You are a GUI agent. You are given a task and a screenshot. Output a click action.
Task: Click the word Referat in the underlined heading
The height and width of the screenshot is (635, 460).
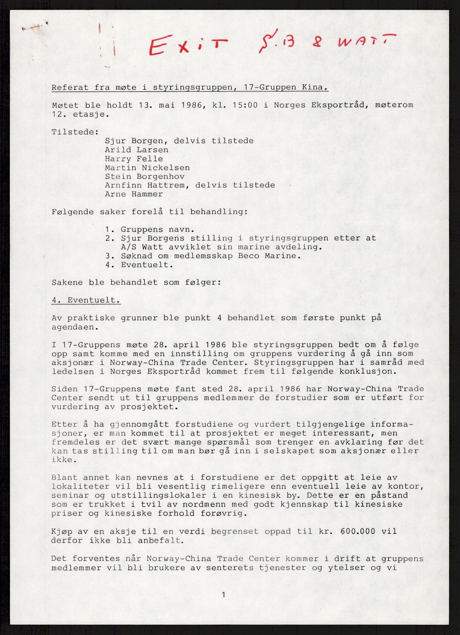(x=70, y=87)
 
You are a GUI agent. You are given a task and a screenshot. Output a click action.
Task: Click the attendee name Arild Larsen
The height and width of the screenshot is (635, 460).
(x=136, y=150)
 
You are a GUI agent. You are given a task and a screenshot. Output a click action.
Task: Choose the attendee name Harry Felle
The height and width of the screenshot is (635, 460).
(x=134, y=159)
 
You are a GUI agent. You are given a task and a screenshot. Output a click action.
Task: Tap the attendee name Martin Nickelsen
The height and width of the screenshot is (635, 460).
(x=147, y=168)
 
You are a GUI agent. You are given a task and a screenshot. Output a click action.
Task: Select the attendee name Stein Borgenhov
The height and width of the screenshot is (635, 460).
(x=145, y=176)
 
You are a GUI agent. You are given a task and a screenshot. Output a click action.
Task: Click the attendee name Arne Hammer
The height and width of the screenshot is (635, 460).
(x=134, y=194)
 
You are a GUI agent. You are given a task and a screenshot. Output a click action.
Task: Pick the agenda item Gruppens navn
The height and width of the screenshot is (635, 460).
(x=157, y=230)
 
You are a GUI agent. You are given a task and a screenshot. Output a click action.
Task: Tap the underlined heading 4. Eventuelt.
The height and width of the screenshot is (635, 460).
(x=86, y=300)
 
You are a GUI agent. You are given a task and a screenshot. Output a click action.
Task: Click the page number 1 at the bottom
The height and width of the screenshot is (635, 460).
(x=224, y=594)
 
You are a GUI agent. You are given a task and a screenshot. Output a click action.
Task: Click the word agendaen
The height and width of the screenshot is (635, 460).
(x=73, y=327)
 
